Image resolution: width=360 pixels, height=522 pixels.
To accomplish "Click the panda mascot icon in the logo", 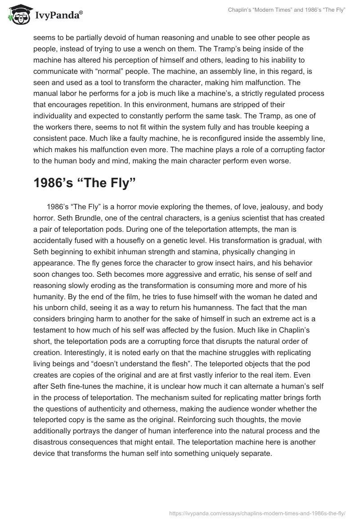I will coord(18,15).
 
